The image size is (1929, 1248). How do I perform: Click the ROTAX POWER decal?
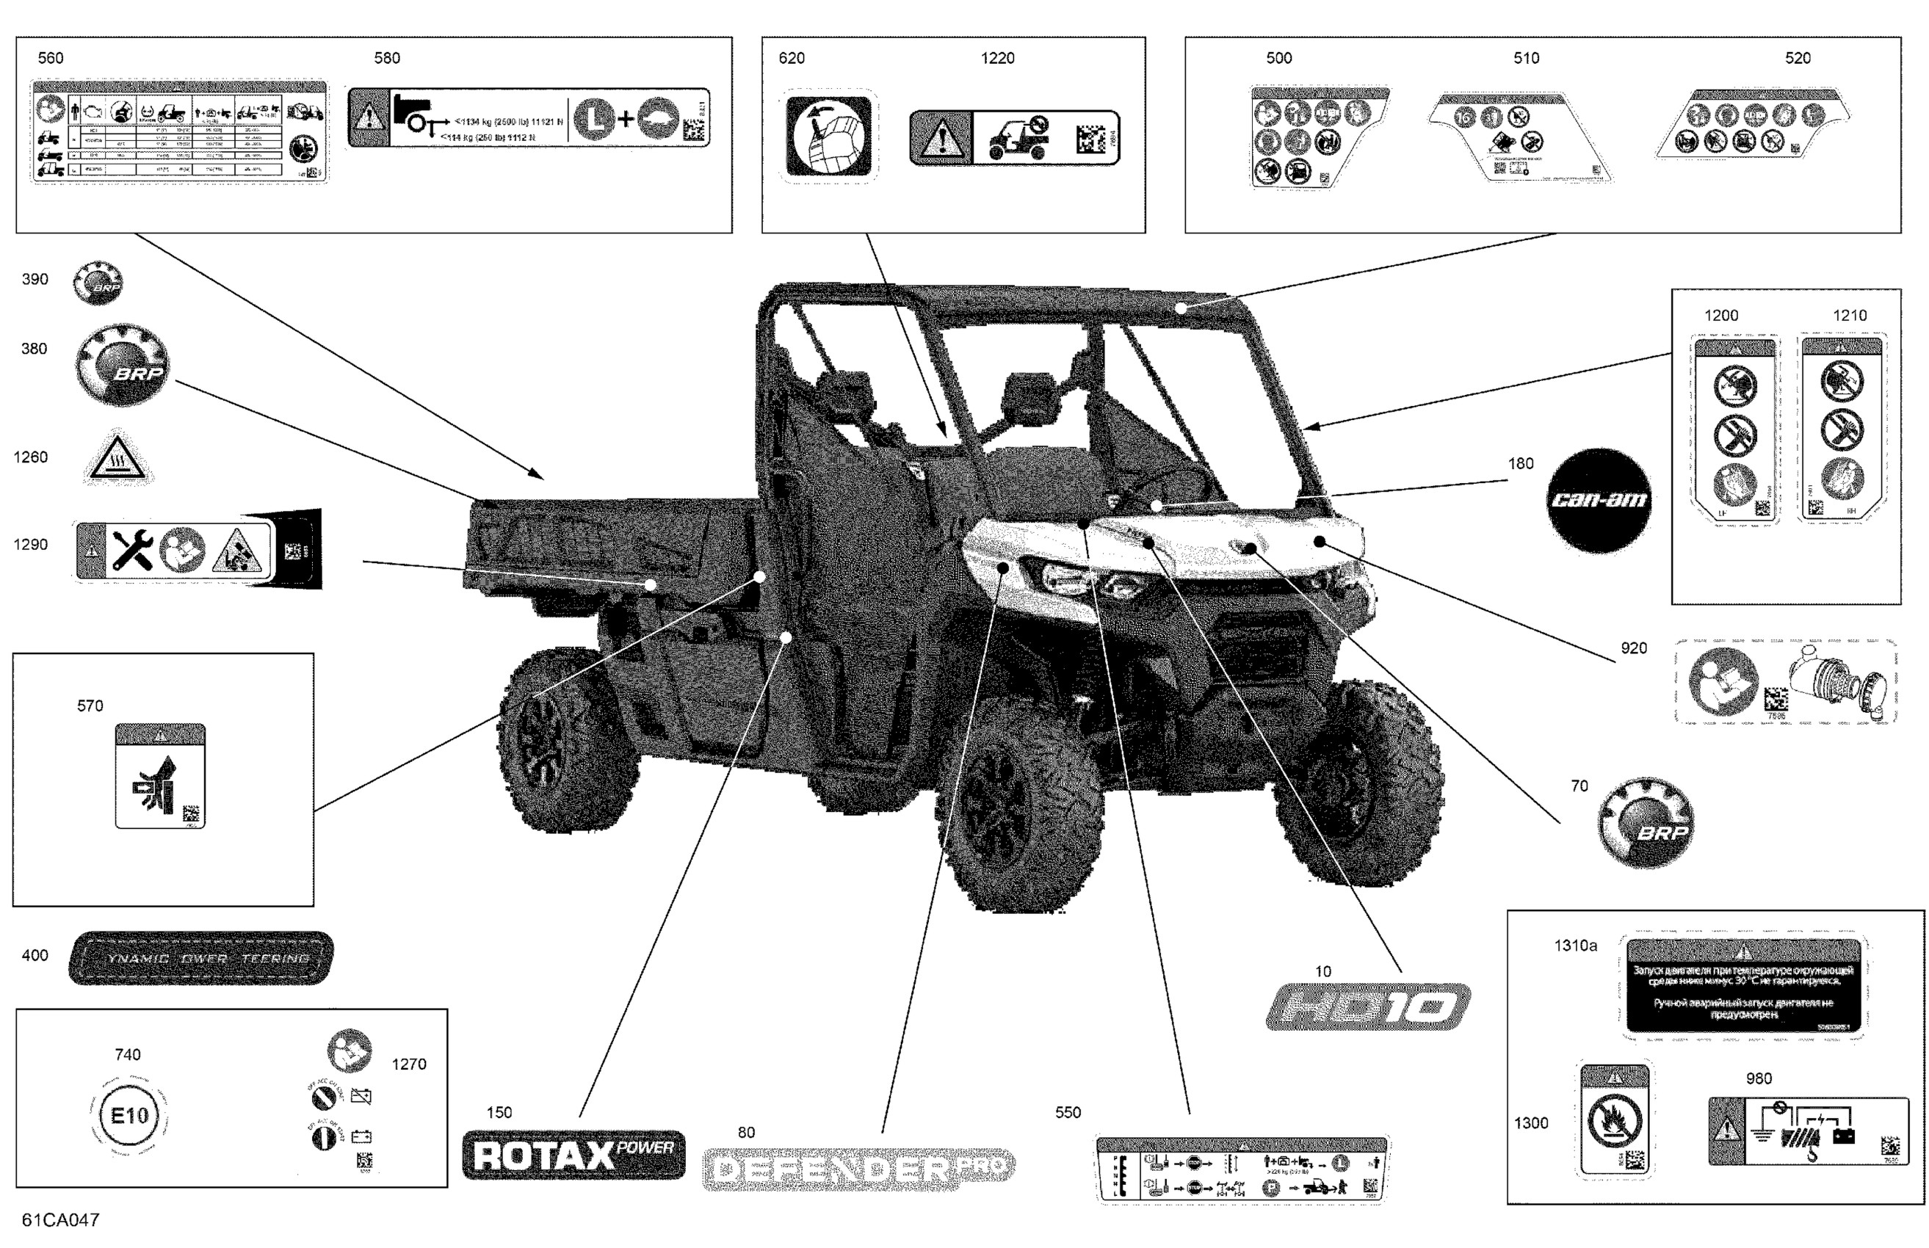(573, 1155)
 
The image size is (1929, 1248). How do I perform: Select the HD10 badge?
(1367, 1007)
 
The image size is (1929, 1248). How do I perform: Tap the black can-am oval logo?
(1599, 500)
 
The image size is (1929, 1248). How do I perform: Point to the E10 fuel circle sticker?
(129, 1116)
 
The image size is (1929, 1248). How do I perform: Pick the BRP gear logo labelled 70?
(1645, 822)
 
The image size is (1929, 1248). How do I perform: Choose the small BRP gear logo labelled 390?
(98, 282)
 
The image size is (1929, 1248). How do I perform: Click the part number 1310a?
(1575, 946)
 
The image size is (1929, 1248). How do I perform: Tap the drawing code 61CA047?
(61, 1219)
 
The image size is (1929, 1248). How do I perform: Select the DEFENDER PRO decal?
(858, 1169)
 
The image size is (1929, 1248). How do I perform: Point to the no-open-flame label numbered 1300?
(1615, 1121)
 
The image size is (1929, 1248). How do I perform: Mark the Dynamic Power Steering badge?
(201, 959)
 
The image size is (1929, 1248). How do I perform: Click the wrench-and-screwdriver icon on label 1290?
(132, 551)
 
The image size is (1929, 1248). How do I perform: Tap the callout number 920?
(1633, 648)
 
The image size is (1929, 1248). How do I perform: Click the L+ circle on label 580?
(596, 120)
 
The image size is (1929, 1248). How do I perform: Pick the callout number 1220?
(997, 58)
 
